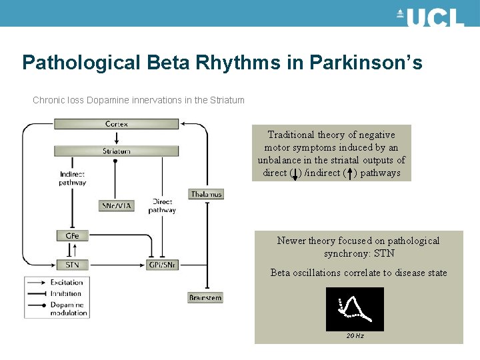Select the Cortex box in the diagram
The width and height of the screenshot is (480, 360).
click(x=117, y=124)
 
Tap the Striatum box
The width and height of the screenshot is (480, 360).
click(x=117, y=151)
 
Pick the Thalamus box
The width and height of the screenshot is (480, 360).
click(x=205, y=194)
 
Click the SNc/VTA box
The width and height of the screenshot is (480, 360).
click(x=116, y=205)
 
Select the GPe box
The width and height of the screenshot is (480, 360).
click(x=72, y=235)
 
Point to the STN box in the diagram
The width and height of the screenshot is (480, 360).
click(x=72, y=265)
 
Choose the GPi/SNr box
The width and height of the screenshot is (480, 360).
click(x=162, y=265)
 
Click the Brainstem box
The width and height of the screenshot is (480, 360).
click(x=205, y=297)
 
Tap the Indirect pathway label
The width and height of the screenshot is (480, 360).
click(x=72, y=178)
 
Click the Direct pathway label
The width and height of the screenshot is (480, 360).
click(x=162, y=205)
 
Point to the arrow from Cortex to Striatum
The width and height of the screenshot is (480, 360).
click(x=117, y=137)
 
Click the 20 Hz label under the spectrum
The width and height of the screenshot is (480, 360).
click(x=355, y=335)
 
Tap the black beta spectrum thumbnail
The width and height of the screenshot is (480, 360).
click(x=355, y=309)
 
